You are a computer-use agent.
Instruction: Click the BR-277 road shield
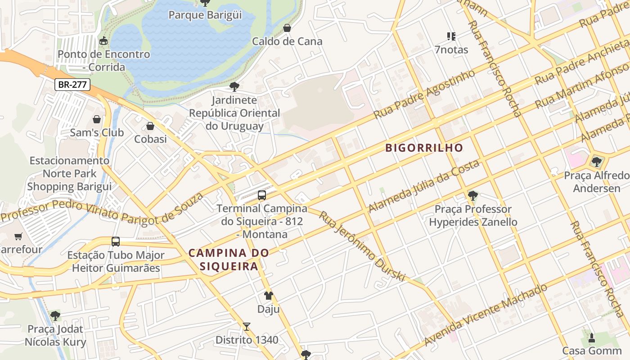(x=72, y=84)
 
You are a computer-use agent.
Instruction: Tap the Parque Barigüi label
(x=205, y=15)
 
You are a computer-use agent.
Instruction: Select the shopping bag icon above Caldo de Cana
(x=287, y=28)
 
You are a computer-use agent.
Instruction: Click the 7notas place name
(x=451, y=49)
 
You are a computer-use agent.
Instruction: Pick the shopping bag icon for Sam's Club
(x=97, y=119)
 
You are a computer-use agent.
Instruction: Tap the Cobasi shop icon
(x=150, y=126)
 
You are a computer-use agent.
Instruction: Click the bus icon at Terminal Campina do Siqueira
(x=262, y=195)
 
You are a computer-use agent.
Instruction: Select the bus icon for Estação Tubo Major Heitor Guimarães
(x=116, y=242)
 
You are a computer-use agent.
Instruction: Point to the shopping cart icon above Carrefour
(x=18, y=236)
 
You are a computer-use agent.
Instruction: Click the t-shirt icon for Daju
(x=268, y=296)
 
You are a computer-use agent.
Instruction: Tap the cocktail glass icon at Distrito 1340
(x=246, y=327)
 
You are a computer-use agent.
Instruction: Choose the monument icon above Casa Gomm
(x=592, y=337)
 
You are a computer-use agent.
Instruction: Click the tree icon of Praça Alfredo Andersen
(x=597, y=162)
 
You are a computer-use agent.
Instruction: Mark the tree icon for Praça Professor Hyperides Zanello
(x=472, y=196)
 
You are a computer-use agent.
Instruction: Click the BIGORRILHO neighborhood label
(x=424, y=148)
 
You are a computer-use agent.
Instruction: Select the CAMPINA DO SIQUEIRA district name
(x=229, y=259)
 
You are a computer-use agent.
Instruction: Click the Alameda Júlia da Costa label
(x=424, y=186)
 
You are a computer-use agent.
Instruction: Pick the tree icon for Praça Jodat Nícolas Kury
(x=55, y=316)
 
